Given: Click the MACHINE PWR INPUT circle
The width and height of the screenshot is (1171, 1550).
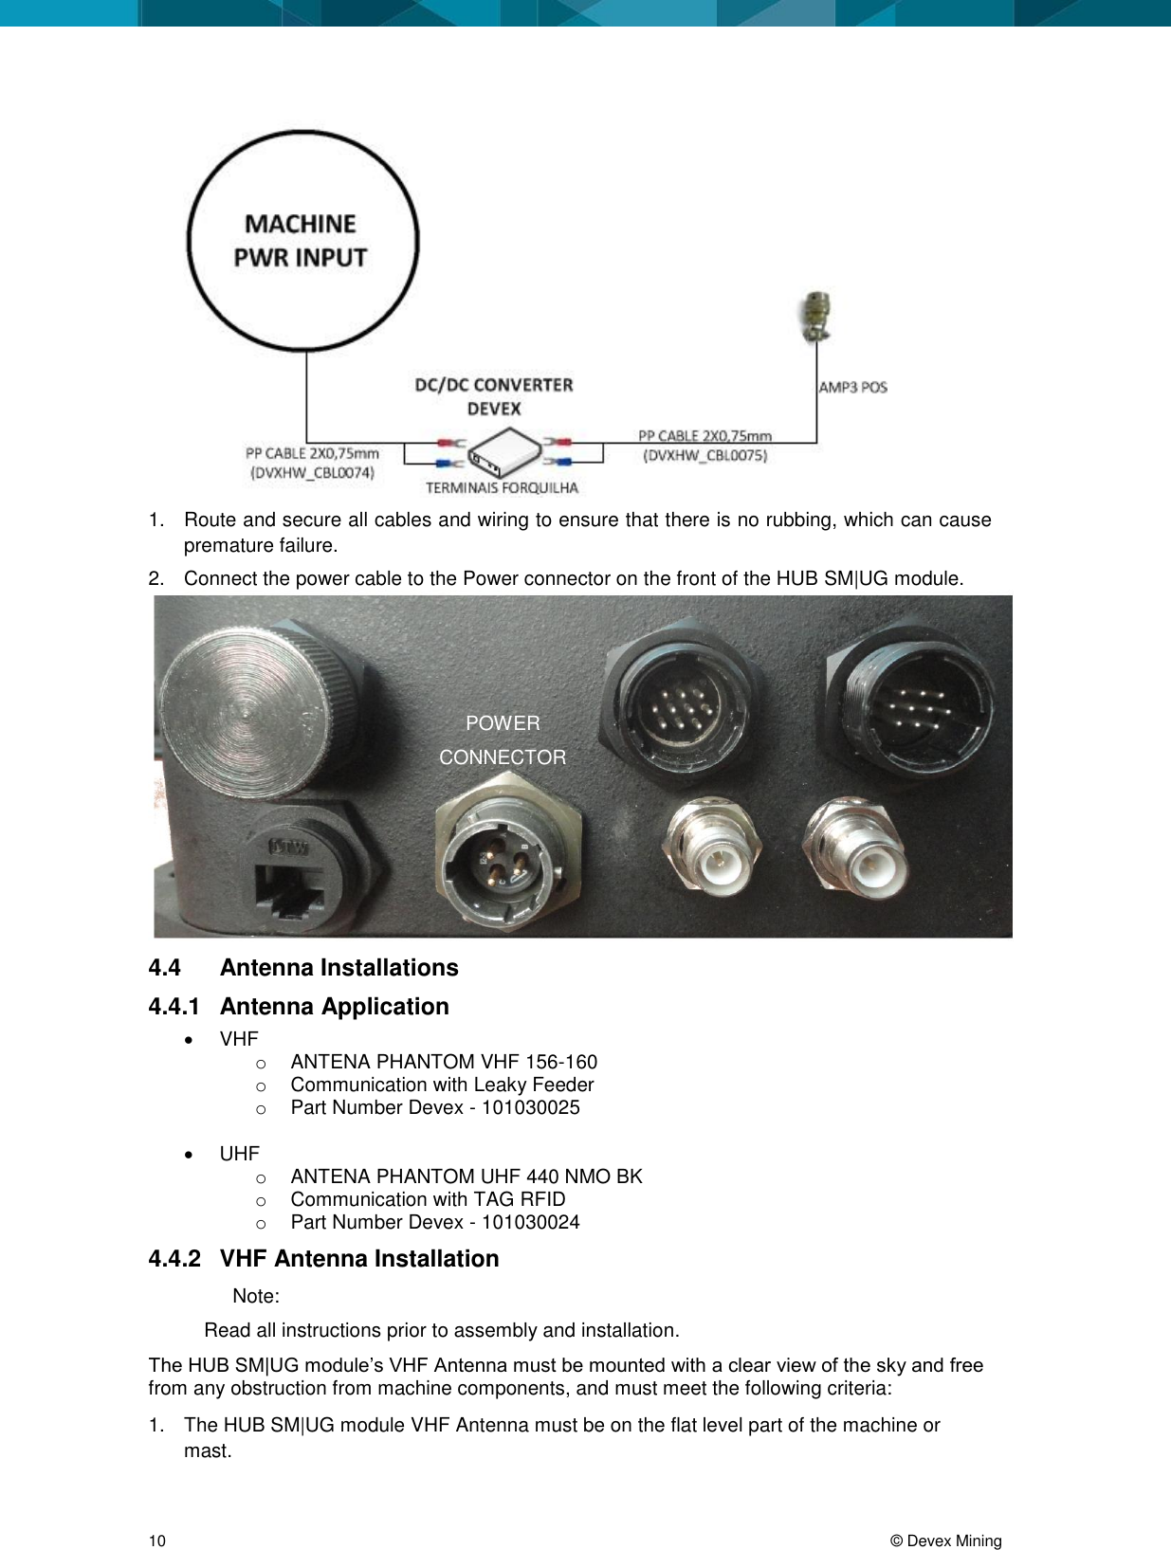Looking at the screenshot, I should (x=302, y=241).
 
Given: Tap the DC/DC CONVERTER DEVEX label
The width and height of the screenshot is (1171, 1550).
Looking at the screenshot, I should (x=494, y=396).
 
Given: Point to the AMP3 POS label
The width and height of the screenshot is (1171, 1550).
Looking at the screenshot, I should (x=852, y=387).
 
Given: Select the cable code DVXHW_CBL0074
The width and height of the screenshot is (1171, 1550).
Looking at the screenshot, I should (x=312, y=472).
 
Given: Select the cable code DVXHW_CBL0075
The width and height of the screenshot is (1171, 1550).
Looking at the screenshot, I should (x=704, y=455).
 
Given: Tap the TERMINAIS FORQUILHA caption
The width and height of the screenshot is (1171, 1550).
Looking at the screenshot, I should (x=502, y=488).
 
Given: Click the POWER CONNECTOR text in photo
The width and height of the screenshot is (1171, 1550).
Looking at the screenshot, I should (x=503, y=740).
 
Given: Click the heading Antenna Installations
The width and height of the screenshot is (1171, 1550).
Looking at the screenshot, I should (x=338, y=967).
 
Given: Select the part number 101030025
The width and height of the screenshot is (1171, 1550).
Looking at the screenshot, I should (x=530, y=1107).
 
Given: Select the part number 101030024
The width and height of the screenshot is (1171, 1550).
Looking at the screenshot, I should (x=530, y=1222).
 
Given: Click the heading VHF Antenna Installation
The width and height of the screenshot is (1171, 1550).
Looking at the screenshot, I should (x=358, y=1258).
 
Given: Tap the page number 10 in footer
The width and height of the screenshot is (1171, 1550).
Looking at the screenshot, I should (x=157, y=1541).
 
